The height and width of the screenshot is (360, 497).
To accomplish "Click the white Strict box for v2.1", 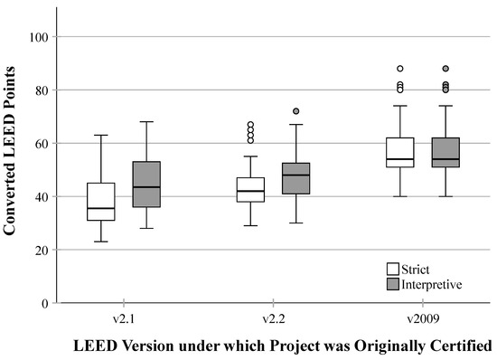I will [x=100, y=202].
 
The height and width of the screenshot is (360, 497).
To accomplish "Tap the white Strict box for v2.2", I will [x=250, y=190].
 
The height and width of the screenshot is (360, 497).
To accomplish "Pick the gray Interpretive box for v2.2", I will [x=295, y=179].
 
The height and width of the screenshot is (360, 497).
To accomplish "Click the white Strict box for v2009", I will [x=399, y=152].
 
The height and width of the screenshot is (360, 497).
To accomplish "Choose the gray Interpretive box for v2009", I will [x=445, y=152].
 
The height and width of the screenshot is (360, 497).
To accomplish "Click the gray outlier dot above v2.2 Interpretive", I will [x=295, y=111].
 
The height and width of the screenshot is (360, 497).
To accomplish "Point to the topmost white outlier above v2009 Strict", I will [x=399, y=69].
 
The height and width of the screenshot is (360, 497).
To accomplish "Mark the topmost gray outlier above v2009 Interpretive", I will [x=445, y=69].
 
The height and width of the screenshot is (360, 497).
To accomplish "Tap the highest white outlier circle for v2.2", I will [x=250, y=125].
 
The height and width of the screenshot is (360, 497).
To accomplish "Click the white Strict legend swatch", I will [x=393, y=269].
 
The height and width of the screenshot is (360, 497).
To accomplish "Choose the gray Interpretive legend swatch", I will [x=393, y=283].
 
